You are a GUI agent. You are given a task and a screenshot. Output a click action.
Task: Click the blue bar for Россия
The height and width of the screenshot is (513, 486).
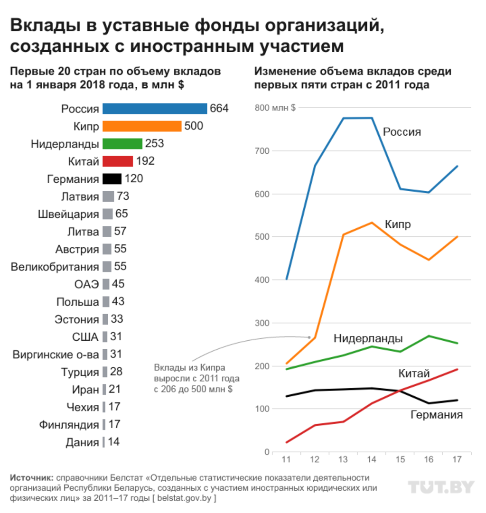(155, 109)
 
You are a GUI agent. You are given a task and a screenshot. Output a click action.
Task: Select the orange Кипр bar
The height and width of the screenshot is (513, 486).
(142, 126)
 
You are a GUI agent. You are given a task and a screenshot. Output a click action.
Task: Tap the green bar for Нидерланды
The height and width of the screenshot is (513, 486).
(122, 144)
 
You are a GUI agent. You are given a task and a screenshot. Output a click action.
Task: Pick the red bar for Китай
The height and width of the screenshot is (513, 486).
(118, 161)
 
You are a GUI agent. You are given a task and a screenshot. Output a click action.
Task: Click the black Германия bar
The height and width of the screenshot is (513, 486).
(112, 178)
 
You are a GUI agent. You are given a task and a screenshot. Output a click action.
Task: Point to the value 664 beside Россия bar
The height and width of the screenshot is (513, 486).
(219, 108)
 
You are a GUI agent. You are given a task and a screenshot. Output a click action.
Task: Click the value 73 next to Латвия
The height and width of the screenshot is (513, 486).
(123, 196)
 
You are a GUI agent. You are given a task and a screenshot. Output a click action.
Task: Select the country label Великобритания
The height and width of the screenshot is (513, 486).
(55, 267)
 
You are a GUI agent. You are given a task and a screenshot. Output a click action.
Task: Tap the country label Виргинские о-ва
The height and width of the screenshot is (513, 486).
(56, 354)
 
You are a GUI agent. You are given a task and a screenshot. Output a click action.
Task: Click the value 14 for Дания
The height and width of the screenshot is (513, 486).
(114, 442)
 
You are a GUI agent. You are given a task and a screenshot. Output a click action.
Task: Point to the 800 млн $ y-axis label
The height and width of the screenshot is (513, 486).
(275, 108)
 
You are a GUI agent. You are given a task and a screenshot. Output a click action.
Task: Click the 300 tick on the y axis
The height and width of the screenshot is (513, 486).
(262, 323)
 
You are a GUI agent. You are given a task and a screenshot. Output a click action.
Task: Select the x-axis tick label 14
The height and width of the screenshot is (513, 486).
(372, 460)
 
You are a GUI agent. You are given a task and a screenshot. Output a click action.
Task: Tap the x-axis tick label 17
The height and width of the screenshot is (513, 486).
(457, 460)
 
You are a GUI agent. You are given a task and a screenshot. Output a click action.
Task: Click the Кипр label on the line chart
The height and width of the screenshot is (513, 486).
(398, 224)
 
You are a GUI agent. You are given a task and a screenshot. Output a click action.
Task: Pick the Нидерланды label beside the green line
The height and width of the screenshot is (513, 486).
(368, 339)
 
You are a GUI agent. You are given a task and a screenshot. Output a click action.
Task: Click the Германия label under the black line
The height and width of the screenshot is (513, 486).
(437, 415)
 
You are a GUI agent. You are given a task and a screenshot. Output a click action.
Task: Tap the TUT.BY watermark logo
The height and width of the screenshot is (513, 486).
(441, 487)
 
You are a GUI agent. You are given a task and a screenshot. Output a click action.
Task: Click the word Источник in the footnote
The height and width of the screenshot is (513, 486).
(31, 478)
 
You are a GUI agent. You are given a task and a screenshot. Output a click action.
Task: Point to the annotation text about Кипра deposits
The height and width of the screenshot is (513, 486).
(196, 378)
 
